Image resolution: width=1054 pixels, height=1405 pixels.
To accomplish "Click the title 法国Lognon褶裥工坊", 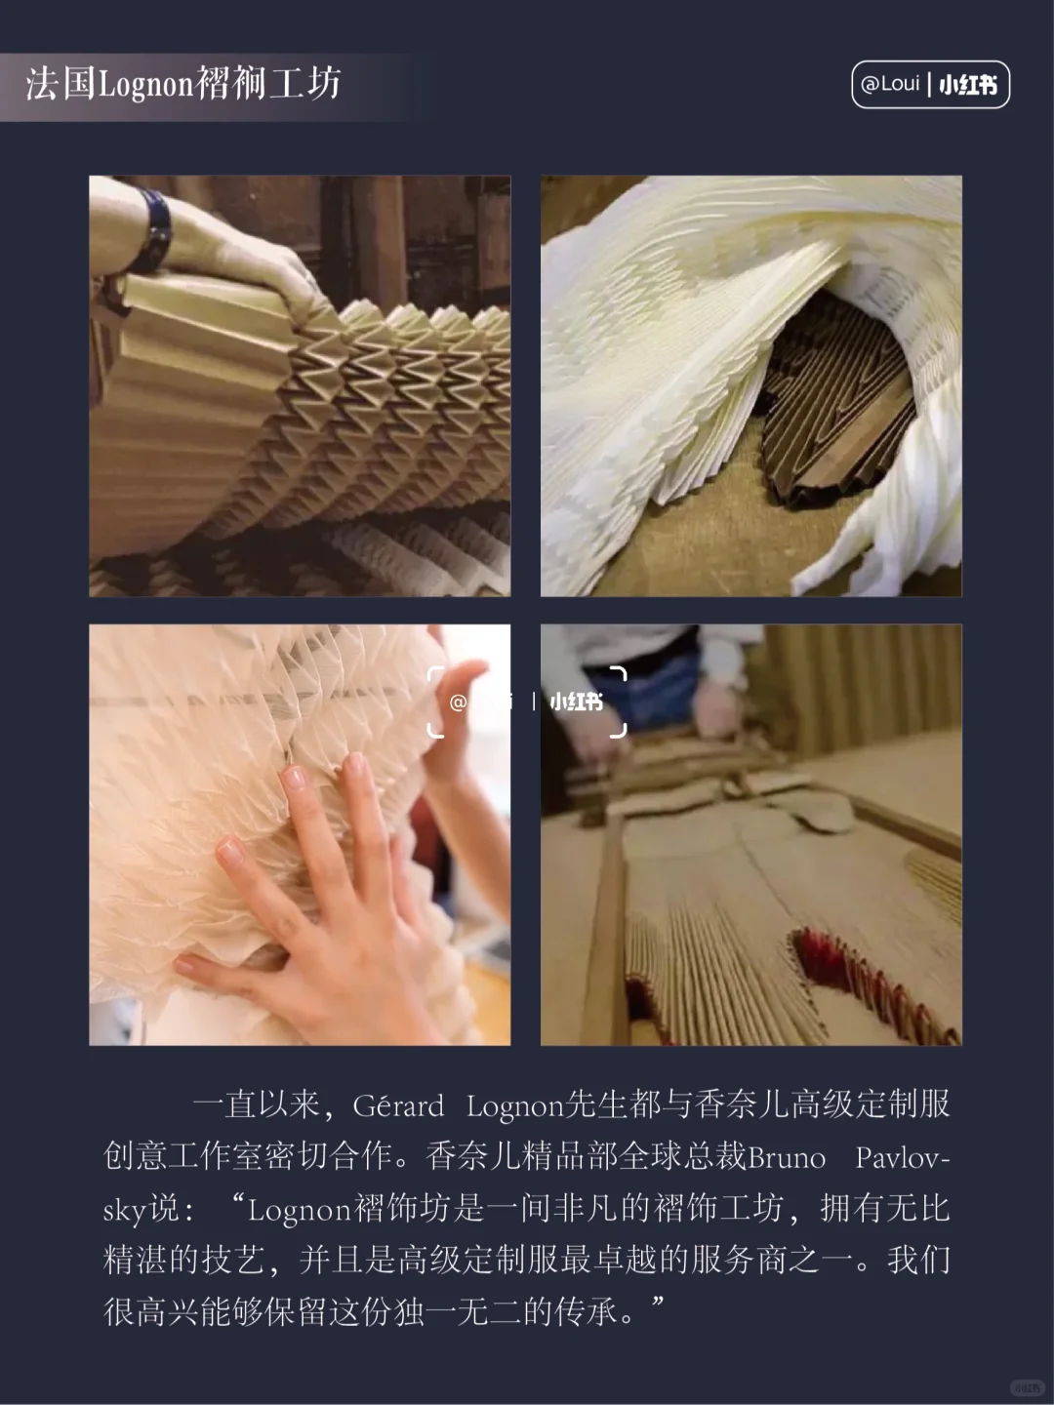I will (183, 84).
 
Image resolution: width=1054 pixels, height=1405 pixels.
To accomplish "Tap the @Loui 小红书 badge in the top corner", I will (930, 84).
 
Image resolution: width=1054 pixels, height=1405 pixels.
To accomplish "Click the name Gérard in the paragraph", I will (398, 1105).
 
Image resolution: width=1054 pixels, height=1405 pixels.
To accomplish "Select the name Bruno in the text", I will (787, 1157).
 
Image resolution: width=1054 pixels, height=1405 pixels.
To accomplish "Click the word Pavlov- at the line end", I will (902, 1157).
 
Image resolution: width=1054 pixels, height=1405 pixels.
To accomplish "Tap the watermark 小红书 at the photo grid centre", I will (576, 702).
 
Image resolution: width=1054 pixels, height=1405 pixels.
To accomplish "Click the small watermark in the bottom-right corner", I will (1026, 1386).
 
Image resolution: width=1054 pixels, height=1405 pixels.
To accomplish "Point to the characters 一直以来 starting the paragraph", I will (256, 1105).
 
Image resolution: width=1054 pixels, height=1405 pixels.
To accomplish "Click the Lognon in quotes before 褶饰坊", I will (299, 1209).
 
